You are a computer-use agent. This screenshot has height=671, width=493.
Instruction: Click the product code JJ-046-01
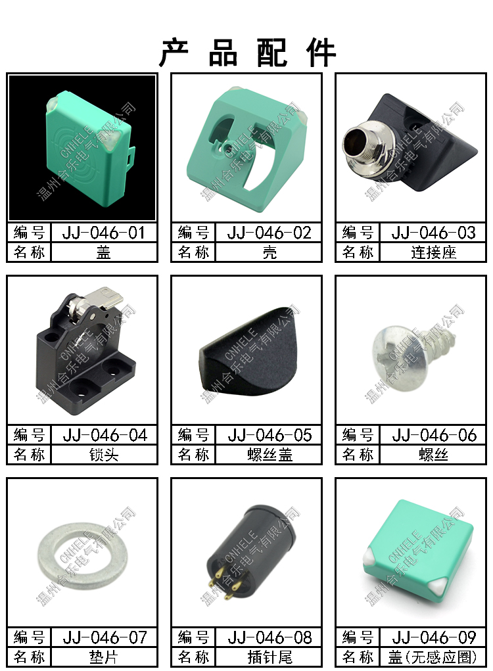click(x=104, y=233)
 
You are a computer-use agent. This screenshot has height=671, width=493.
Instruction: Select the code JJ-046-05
click(x=270, y=435)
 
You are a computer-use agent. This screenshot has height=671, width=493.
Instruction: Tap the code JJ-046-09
click(x=434, y=637)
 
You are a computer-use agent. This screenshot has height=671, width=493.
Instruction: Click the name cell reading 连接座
click(x=434, y=252)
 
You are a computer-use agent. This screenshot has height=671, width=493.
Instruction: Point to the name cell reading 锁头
click(x=104, y=455)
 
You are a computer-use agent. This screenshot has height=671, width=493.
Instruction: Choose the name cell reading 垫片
click(x=104, y=657)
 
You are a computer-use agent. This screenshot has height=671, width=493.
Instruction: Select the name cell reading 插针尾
click(x=270, y=657)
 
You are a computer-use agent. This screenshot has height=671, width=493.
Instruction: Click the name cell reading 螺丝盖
click(x=270, y=455)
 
